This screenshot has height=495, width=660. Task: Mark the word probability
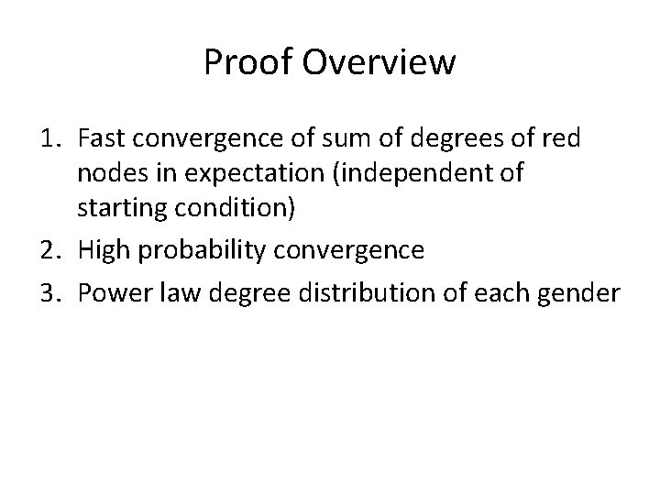[203, 250]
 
